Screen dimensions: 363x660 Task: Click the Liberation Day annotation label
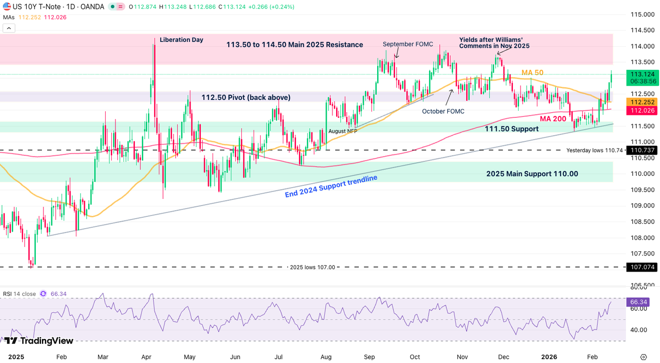(x=181, y=40)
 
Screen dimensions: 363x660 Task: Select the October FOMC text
(x=443, y=111)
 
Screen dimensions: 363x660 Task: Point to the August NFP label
(x=343, y=131)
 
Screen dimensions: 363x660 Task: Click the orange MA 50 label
(x=532, y=73)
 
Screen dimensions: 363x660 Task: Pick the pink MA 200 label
(x=553, y=119)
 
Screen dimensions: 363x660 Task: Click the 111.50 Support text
(x=512, y=129)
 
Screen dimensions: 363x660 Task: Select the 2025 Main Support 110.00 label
(x=532, y=174)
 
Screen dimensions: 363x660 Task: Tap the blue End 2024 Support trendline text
(x=331, y=186)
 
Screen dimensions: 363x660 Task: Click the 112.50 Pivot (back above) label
(x=246, y=98)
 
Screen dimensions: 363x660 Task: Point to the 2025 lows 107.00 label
(x=312, y=267)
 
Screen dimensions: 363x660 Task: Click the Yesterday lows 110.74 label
(x=595, y=150)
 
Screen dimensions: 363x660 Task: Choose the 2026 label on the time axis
(x=549, y=357)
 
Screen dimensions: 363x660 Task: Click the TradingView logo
(x=40, y=341)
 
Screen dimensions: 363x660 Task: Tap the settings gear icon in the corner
(x=643, y=357)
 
